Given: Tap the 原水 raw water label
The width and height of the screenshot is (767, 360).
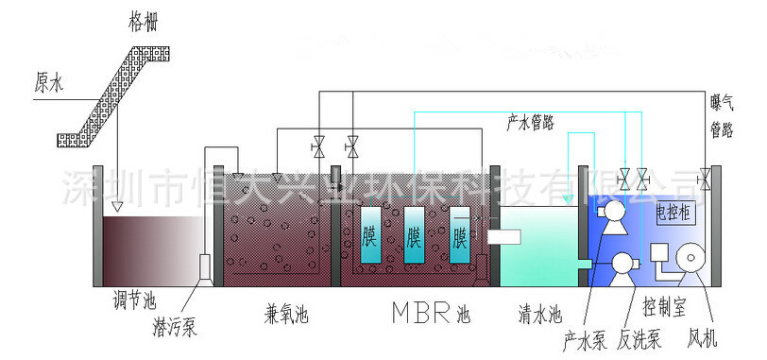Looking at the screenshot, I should [50, 84].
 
